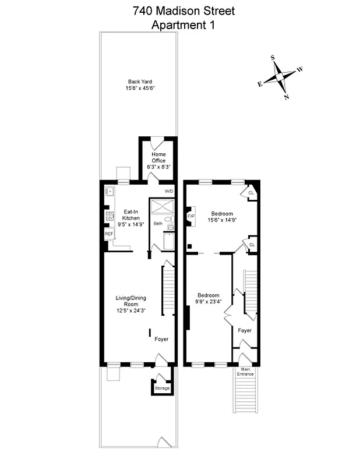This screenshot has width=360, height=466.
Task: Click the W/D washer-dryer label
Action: coord(169,191)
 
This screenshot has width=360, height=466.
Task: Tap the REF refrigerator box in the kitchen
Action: coord(108,234)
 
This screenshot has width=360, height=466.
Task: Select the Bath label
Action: coord(158,223)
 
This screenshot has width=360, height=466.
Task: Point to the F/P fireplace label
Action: coord(190,217)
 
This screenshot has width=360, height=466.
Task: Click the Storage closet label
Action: coord(162,388)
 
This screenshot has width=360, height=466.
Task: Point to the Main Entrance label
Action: coord(245,372)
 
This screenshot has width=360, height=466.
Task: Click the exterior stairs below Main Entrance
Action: coord(245,393)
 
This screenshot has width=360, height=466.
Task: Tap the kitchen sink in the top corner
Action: coord(108,191)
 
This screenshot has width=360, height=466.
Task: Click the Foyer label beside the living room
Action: coord(161,339)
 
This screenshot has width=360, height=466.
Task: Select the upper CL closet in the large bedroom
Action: coord(251,193)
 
